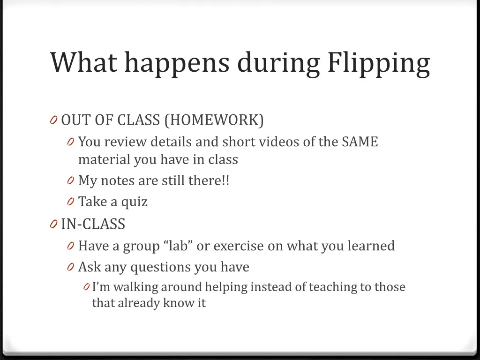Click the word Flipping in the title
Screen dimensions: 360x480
click(x=378, y=63)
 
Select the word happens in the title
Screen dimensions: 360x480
click(x=177, y=63)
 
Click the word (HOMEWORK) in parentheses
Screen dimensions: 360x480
click(x=214, y=120)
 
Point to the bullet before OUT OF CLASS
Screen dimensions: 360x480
click(x=53, y=121)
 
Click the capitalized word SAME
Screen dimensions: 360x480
click(x=360, y=142)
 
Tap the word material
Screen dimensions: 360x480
click(x=104, y=159)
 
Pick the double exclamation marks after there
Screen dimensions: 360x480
click(x=225, y=180)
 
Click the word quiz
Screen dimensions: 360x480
click(x=135, y=202)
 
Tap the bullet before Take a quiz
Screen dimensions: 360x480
click(x=70, y=202)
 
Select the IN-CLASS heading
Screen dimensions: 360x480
click(x=93, y=224)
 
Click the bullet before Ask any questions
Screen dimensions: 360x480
click(x=70, y=267)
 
